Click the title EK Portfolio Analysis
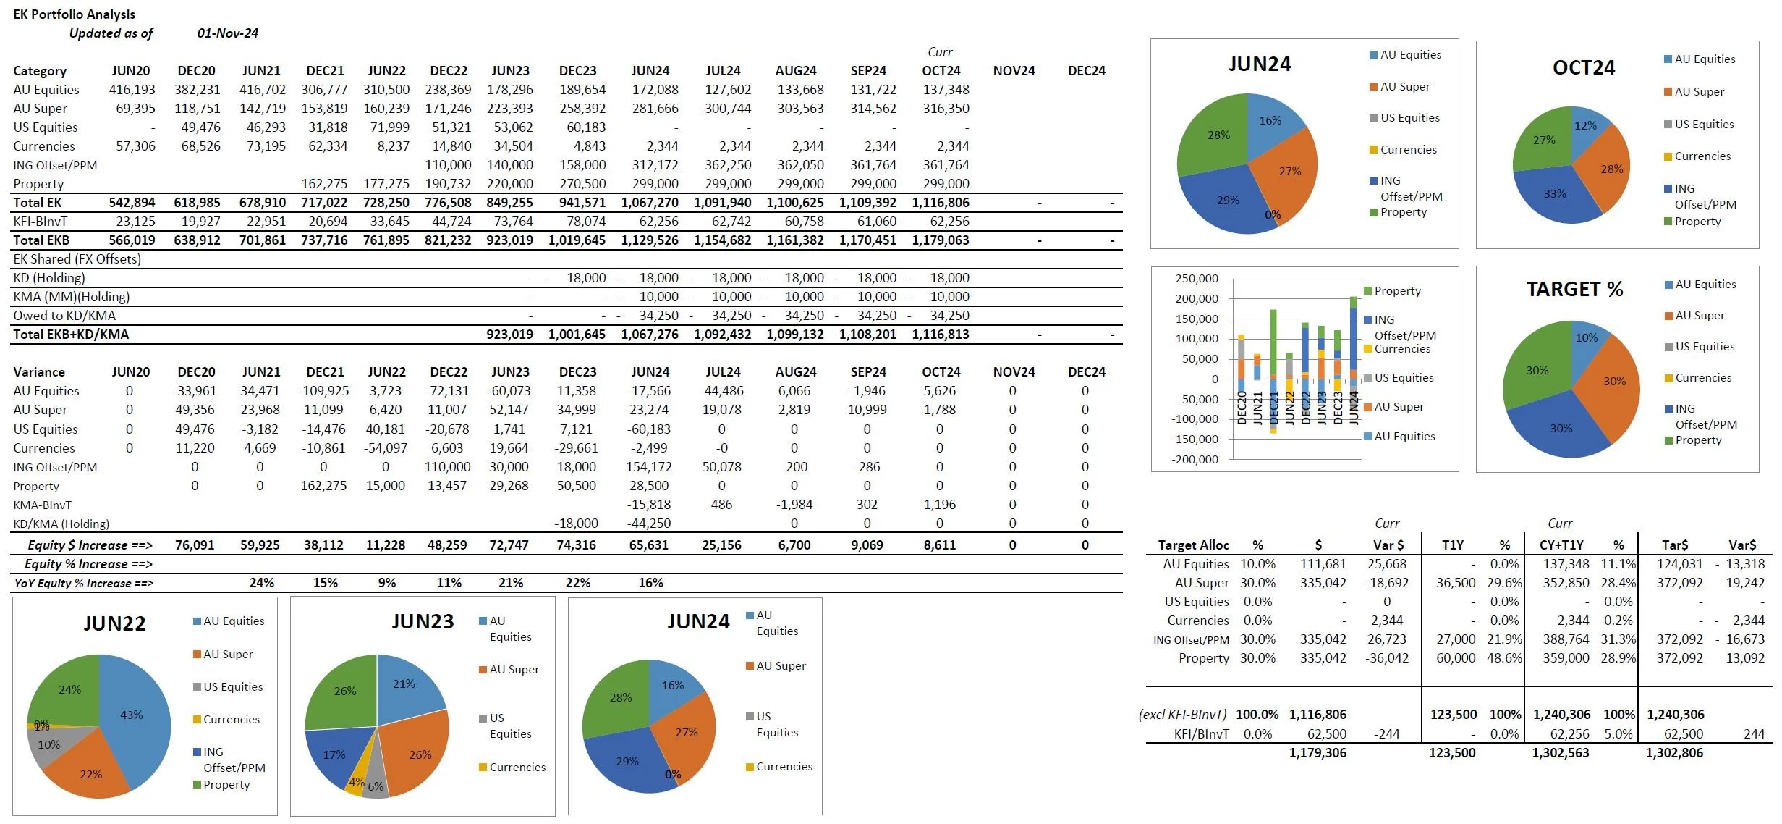click(x=74, y=14)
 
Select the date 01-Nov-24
click(x=227, y=33)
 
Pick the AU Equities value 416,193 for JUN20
click(x=132, y=90)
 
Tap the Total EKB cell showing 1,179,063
click(x=940, y=240)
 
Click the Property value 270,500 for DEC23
click(x=582, y=184)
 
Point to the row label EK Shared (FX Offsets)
click(x=77, y=259)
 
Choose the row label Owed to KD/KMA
click(x=64, y=316)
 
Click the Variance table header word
click(x=39, y=372)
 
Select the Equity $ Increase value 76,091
click(x=195, y=545)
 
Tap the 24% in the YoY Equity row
click(x=261, y=583)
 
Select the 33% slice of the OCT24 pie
click(x=1555, y=194)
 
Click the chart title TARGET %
click(x=1574, y=290)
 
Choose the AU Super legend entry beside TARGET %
click(x=1700, y=316)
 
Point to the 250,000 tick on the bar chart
click(x=1197, y=279)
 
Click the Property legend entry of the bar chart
click(x=1397, y=291)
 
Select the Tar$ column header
click(x=1675, y=545)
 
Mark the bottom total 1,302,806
click(x=1674, y=753)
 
